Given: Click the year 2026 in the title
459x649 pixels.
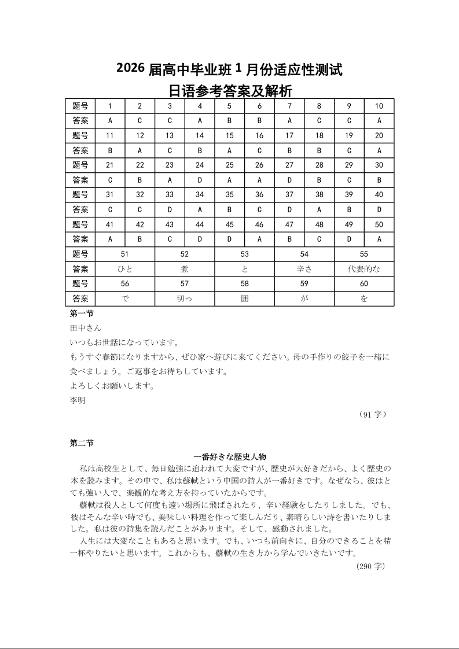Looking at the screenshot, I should click(130, 68).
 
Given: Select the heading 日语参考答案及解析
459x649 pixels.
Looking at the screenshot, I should click(230, 91).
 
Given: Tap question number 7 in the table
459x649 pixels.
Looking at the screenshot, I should click(289, 106).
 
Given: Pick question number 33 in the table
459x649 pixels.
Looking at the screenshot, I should click(170, 195).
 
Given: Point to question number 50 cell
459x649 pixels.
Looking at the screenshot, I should click(379, 224).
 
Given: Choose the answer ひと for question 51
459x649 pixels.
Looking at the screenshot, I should click(125, 269).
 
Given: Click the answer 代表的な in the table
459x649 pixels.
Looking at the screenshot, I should click(364, 269).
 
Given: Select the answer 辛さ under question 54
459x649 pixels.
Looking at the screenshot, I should click(304, 269).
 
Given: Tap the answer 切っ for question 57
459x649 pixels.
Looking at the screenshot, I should click(185, 299).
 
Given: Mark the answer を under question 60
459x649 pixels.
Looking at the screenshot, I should click(364, 299).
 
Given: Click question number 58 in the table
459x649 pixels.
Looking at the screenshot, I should click(244, 284).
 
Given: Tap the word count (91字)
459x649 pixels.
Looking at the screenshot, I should click(372, 414).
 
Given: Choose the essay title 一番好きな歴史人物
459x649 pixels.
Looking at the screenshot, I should click(230, 457).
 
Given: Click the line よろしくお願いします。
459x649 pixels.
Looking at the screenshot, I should click(112, 386).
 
